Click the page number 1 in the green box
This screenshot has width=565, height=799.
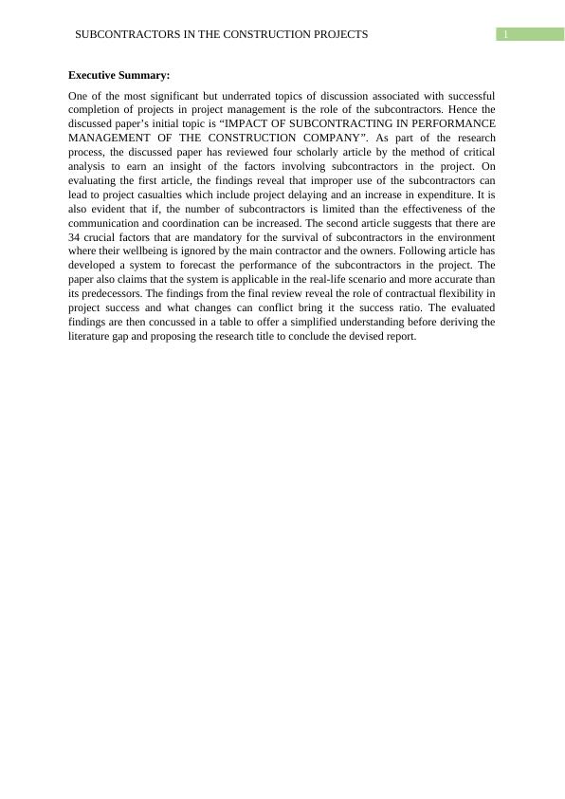tap(506, 35)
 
